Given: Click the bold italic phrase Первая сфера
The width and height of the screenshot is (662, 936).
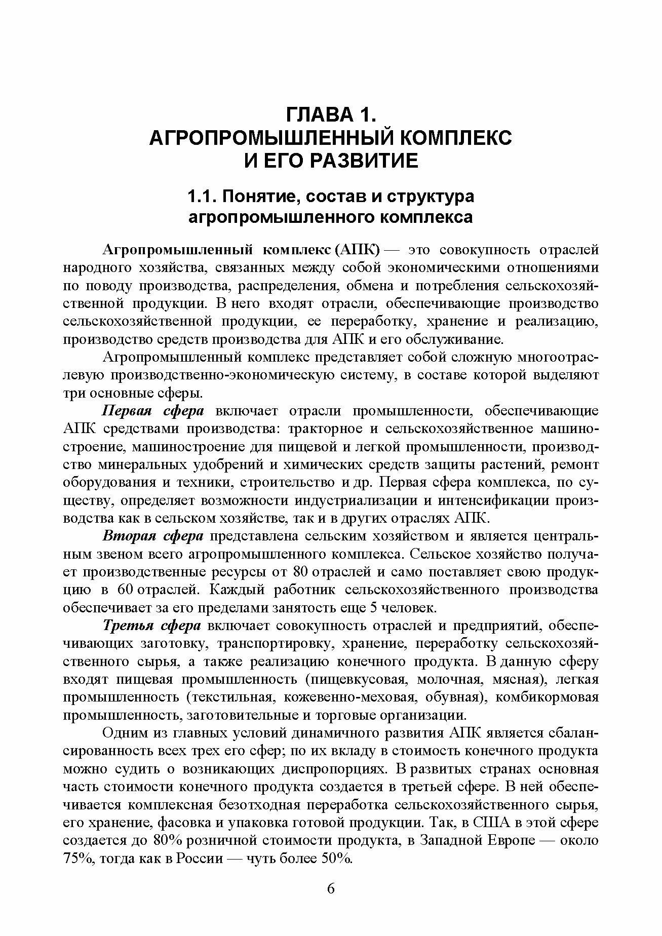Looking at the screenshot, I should pyautogui.click(x=153, y=411).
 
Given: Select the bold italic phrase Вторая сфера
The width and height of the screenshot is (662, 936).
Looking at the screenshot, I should pyautogui.click(x=153, y=536).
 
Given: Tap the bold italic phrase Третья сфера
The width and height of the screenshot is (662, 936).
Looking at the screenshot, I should pyautogui.click(x=152, y=626).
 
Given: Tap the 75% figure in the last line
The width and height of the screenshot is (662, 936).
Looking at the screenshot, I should pyautogui.click(x=75, y=859).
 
